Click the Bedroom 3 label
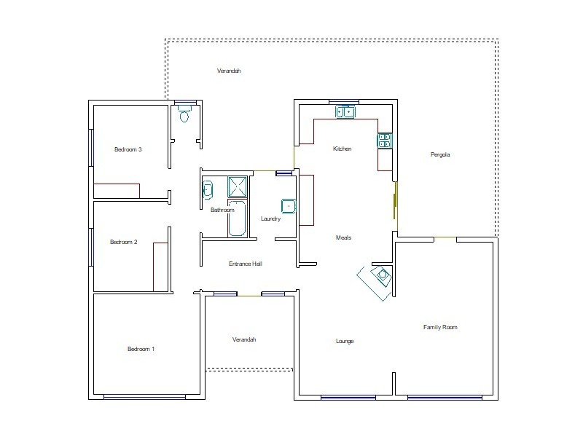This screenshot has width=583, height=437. (x=128, y=150)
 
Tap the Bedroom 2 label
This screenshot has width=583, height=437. (x=123, y=242)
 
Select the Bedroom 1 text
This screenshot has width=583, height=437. (x=141, y=349)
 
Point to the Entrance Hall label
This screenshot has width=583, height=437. (x=245, y=264)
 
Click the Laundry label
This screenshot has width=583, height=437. (x=270, y=219)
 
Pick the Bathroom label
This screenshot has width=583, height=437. (x=222, y=210)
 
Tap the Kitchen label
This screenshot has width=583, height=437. (x=342, y=149)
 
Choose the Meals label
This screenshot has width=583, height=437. (x=343, y=237)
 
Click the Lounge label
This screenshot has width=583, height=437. (x=345, y=341)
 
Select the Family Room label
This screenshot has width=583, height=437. (x=440, y=327)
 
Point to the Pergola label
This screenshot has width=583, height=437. (x=441, y=154)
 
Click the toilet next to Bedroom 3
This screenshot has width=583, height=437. (x=184, y=115)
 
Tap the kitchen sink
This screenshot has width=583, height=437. (x=345, y=111)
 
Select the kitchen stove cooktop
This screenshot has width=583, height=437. (x=384, y=141)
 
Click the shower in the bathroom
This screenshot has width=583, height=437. (x=237, y=187)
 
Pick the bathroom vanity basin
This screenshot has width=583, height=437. (x=207, y=189)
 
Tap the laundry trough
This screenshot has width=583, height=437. (x=289, y=206)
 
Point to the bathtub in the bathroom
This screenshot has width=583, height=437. (x=237, y=222)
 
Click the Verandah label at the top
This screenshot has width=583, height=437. (x=229, y=71)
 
